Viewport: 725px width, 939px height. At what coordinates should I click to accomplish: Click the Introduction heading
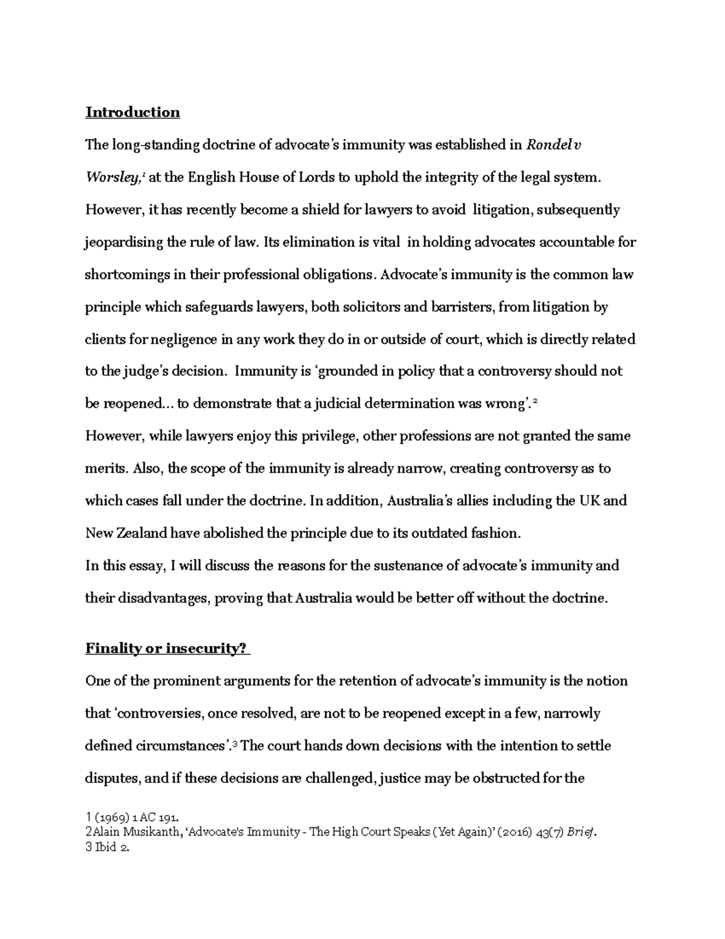point(132,112)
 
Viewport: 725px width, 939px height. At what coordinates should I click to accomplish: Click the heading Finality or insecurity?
point(166,648)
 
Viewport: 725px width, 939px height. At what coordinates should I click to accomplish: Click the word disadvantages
point(158,599)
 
